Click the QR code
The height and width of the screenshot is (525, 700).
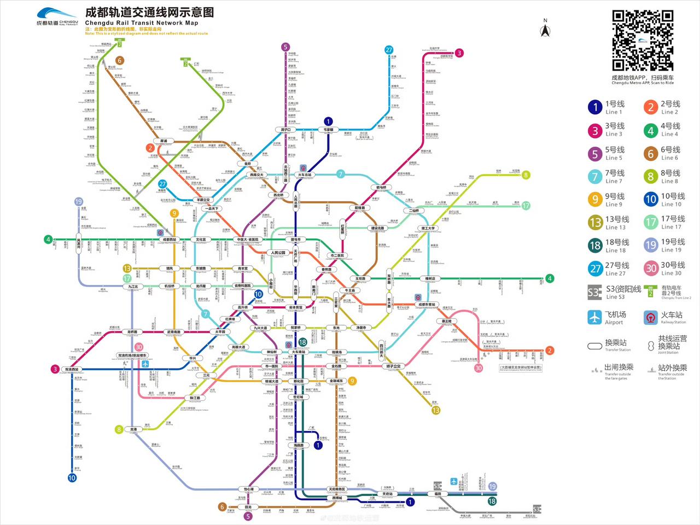[642, 41]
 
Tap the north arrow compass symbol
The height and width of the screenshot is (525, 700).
[545, 30]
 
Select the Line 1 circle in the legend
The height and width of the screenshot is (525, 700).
[595, 107]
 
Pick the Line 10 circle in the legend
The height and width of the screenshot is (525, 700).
[650, 200]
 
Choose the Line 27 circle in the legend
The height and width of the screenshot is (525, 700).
[595, 269]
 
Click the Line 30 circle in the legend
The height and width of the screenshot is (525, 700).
[650, 269]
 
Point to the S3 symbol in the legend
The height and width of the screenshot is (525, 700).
[594, 292]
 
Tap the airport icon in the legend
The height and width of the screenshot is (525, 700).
[594, 317]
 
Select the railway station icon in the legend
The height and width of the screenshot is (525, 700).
[650, 317]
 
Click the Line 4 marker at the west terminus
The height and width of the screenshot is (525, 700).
[48, 239]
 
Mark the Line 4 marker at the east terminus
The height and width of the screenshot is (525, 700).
[550, 278]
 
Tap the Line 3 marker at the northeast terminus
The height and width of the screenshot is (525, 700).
[459, 53]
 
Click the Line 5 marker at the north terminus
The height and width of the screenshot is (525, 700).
[285, 47]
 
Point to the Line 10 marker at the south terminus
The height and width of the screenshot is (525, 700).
[72, 478]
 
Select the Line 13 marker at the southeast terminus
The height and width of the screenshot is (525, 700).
[436, 410]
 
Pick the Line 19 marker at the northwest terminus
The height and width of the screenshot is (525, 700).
[78, 202]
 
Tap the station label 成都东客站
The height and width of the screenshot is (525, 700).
[427, 305]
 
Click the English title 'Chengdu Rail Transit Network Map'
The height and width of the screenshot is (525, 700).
[141, 23]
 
